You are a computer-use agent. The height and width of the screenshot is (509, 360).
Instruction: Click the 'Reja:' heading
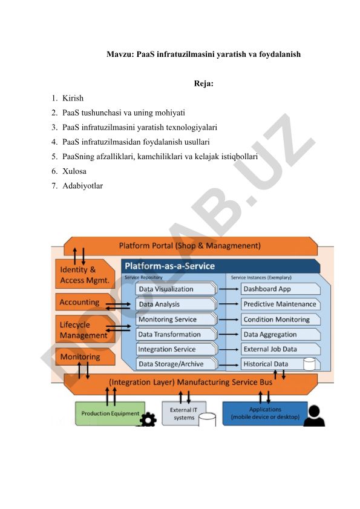pos(203,84)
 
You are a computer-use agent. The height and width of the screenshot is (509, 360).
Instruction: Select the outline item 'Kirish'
pos(73,98)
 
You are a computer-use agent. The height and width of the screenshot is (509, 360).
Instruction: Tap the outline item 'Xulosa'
pos(74,171)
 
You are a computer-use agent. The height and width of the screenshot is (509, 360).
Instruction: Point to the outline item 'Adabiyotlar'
pos(82,186)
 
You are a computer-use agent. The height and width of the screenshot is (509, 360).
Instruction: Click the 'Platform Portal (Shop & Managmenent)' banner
pos(190,246)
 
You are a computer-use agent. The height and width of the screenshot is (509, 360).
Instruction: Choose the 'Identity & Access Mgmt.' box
pos(85,274)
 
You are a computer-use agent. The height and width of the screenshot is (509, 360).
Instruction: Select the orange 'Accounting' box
pos(85,302)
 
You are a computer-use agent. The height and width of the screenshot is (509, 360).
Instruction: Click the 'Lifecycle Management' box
pos(85,329)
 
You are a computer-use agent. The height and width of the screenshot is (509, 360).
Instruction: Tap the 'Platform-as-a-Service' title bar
pos(221,266)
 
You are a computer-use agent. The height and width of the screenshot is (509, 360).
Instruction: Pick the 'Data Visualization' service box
pos(175,289)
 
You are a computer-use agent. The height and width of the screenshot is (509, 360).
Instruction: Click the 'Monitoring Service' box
pos(175,319)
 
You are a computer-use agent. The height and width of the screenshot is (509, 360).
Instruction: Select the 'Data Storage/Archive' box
pos(175,364)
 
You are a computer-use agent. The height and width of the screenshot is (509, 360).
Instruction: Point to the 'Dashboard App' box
pos(281,289)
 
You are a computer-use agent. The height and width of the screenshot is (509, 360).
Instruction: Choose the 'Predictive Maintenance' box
pos(281,304)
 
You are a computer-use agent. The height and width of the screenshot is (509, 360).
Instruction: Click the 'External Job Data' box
pos(281,349)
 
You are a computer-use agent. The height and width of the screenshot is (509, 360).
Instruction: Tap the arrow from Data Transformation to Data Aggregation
pos(229,334)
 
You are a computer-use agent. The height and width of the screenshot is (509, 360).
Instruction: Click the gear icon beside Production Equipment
pos(148,419)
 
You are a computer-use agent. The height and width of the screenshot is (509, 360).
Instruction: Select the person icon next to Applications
pos(314,416)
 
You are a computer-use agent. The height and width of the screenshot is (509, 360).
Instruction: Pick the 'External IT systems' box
pos(184,413)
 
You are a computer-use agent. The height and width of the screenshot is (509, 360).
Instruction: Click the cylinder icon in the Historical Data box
pos(309,364)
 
